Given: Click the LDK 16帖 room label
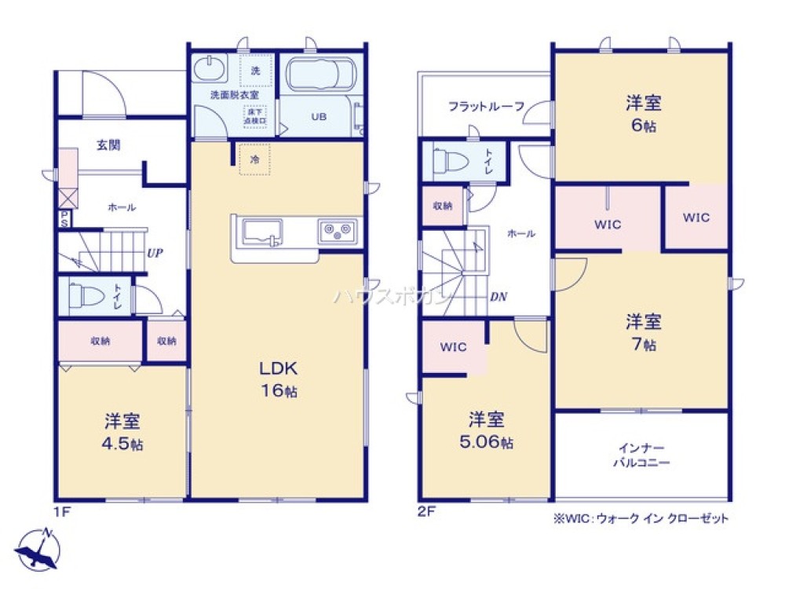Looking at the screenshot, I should [279, 379].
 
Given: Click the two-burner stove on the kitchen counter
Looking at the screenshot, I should [338, 232].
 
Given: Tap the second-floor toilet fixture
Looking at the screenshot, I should [448, 161].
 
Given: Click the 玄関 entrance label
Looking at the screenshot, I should [108, 145].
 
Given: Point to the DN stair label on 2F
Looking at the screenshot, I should [498, 296].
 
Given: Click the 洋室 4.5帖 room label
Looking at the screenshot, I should [123, 432].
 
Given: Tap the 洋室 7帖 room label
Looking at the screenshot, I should [642, 332].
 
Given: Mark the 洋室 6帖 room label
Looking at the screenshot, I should [642, 114].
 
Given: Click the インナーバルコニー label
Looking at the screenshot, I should [641, 455].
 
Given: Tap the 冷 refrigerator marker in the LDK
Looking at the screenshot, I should [255, 158].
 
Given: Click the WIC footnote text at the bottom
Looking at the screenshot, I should [641, 518].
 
